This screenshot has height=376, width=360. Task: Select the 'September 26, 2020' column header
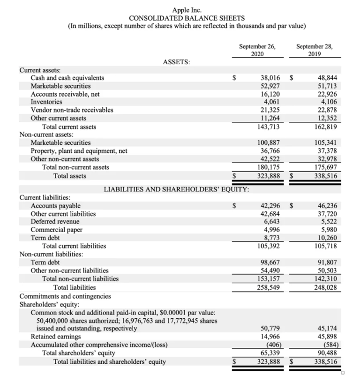click(257, 50)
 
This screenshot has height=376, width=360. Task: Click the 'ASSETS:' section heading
click(176, 62)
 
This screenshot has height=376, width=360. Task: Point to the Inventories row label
click(46, 102)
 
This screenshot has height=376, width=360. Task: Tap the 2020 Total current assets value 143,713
click(269, 127)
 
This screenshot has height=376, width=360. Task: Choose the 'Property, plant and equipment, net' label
click(79, 151)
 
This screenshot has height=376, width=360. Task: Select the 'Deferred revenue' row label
click(55, 221)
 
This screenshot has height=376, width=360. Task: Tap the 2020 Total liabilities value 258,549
click(269, 287)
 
